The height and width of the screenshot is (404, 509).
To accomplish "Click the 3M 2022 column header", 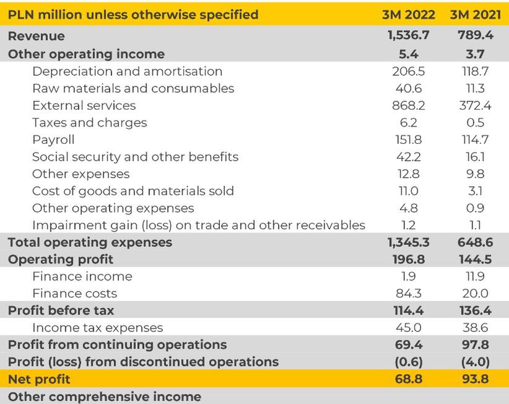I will tap(408, 14).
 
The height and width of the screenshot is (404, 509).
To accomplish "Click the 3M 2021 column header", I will tap(477, 14).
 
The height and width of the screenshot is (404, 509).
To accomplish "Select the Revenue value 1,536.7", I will tap(408, 37).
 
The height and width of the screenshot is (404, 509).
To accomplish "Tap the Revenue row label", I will tap(37, 37).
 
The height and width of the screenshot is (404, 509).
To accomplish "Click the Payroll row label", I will tap(53, 139).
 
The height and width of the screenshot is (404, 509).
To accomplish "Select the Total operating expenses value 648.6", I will tap(477, 242).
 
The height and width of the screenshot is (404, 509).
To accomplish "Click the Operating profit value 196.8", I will tap(408, 259).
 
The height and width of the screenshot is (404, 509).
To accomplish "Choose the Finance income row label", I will tap(82, 276).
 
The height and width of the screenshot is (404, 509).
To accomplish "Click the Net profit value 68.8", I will tap(408, 379).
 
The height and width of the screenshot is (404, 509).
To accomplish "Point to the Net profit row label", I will tap(39, 379).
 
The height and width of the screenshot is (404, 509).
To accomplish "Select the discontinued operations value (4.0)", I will tap(477, 361).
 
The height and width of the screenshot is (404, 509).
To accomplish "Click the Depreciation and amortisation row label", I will tap(127, 71).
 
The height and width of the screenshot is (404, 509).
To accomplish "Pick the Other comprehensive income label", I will tap(105, 396).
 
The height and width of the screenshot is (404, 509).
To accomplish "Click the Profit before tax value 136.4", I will tap(477, 310).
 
